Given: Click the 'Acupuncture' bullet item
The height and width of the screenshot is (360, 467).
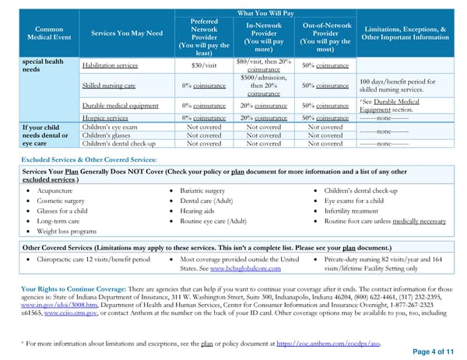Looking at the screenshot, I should click(54, 190).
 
